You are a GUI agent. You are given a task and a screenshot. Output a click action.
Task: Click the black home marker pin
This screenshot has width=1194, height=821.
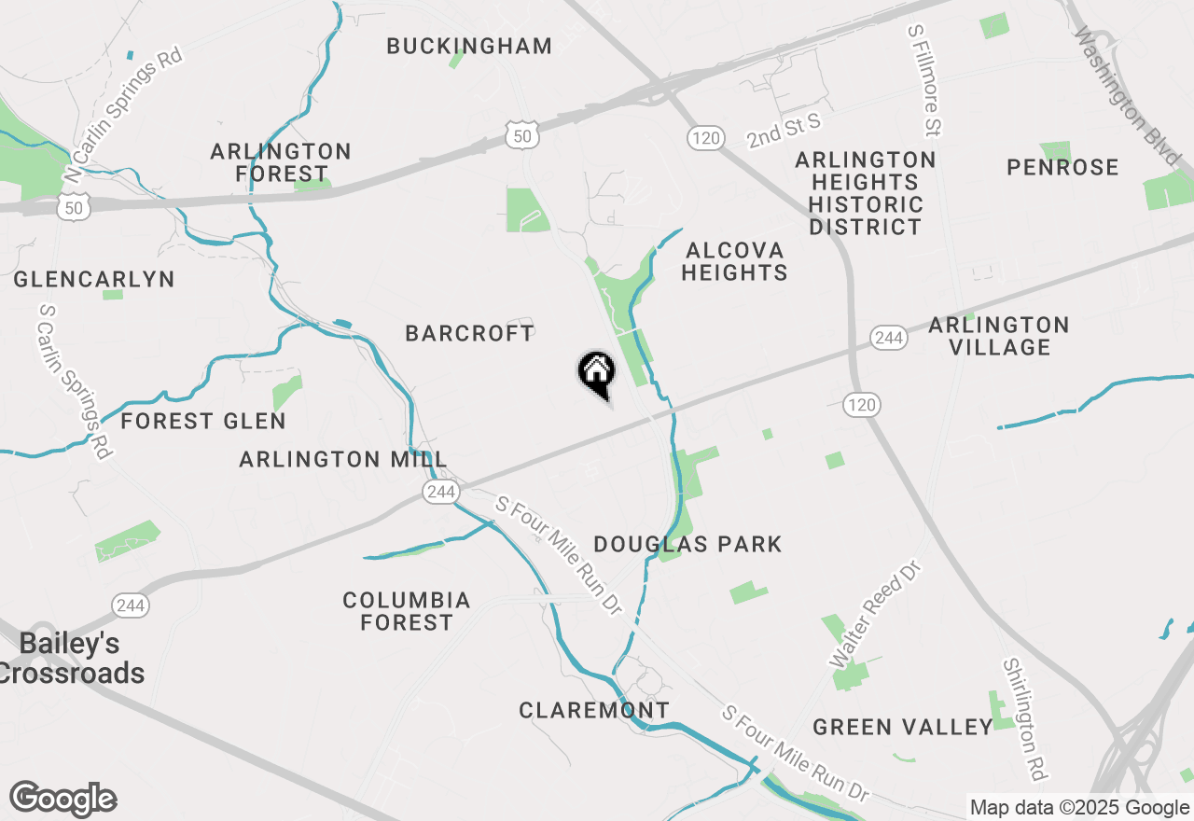596,374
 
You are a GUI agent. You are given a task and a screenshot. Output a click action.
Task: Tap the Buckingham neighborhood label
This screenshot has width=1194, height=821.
469,46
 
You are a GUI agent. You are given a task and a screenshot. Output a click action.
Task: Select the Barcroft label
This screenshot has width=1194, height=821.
470,333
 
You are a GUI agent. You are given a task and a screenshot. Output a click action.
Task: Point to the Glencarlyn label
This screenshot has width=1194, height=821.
94,279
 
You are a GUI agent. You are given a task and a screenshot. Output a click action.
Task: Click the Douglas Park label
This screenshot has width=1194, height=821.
687,544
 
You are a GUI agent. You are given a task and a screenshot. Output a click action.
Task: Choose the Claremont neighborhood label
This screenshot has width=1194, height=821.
594,710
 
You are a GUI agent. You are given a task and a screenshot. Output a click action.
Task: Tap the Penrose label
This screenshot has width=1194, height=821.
1062,167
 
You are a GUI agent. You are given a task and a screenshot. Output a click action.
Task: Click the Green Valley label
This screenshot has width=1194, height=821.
902,727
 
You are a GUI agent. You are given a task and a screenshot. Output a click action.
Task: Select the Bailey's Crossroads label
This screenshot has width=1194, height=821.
71,659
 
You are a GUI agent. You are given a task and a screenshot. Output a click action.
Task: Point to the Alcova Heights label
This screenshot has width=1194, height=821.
735,261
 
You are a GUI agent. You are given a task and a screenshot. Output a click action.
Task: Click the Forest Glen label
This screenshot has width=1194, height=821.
203,421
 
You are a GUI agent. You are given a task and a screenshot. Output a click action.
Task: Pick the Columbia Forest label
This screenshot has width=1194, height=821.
407,611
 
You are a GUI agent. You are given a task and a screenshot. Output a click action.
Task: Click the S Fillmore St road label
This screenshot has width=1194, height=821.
924,79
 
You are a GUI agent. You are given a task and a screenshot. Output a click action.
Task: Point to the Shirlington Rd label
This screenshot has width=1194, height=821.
1024,718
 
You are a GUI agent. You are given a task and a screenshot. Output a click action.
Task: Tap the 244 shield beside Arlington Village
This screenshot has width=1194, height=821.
888,338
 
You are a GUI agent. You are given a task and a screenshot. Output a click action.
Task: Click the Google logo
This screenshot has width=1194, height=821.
63,800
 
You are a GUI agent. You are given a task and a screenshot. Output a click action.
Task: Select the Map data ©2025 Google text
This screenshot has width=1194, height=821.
1078,808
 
